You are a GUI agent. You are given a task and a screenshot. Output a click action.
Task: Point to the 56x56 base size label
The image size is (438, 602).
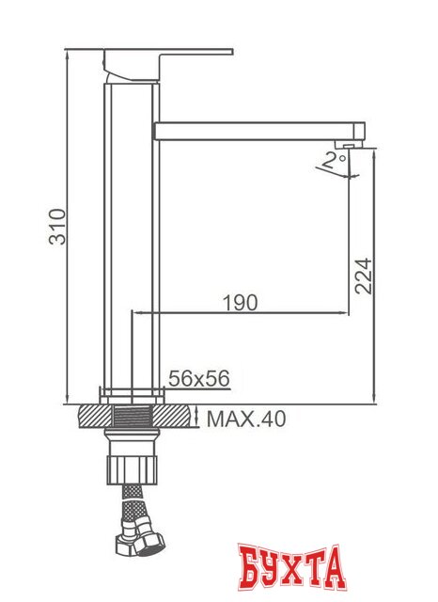pos(198,378)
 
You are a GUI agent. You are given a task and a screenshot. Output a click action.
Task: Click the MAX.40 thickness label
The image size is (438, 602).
pos(245,417)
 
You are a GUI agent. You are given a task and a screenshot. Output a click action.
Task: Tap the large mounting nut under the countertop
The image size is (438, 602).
pos(133,467)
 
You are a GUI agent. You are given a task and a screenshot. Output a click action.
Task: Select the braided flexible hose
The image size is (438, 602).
pos(131,514)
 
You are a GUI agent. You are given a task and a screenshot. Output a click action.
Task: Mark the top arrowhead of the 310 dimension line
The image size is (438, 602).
pos(70,55)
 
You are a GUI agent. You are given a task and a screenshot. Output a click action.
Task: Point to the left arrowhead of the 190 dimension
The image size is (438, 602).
pos(134,312)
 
